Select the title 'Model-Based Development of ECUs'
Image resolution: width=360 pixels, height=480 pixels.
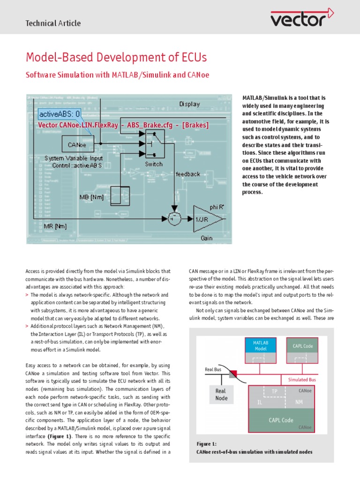tap(116, 58)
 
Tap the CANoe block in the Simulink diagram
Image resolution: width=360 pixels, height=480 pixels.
tap(76, 145)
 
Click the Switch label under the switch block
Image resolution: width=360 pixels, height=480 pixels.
tap(154, 164)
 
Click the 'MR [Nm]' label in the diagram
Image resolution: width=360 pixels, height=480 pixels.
tap(55, 226)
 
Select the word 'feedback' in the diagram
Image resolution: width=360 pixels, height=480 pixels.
tap(187, 174)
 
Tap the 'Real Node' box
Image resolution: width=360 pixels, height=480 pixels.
tap(221, 394)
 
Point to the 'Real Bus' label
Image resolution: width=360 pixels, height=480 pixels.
tap(213, 369)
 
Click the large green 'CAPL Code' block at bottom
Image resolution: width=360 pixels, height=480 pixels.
tap(281, 420)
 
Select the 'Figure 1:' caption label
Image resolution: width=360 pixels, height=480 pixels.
tap(207, 443)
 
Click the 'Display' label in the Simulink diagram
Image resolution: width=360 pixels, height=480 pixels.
tap(189, 104)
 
